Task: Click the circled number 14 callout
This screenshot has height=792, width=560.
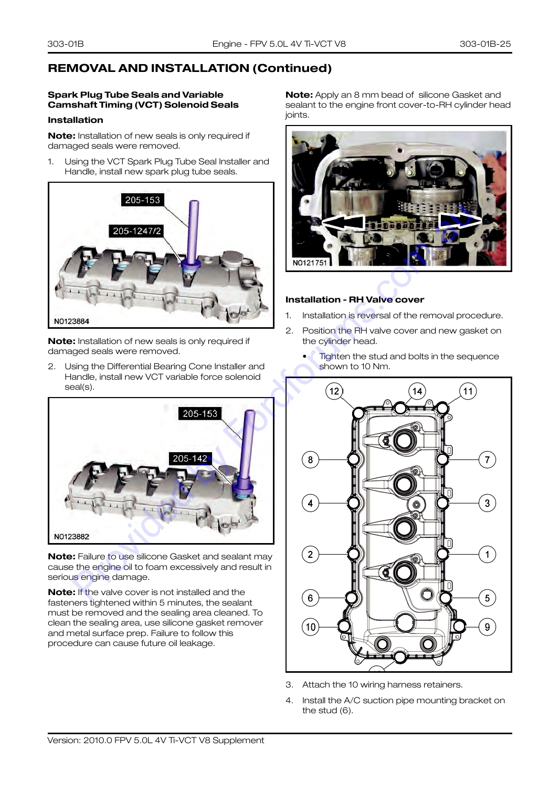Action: [x=417, y=391]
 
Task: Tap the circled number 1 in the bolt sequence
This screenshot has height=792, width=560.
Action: [x=487, y=554]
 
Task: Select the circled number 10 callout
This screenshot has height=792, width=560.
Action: [x=310, y=627]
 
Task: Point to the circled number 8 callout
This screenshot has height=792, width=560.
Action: [x=310, y=460]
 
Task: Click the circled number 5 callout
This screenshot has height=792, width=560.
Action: [x=487, y=598]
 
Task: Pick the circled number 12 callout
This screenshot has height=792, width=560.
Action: [x=334, y=391]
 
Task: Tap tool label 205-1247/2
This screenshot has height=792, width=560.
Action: [x=137, y=231]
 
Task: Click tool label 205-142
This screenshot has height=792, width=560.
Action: [x=190, y=458]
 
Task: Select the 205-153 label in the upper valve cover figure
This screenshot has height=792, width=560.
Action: [x=142, y=200]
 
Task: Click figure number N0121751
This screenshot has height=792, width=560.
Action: [x=310, y=263]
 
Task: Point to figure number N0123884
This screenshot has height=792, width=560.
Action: [x=71, y=321]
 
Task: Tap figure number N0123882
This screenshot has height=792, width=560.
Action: [x=71, y=537]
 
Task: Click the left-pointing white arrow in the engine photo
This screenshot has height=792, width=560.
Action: [x=343, y=223]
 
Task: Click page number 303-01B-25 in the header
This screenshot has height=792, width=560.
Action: [x=485, y=44]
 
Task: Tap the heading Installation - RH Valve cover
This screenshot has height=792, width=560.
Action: [x=355, y=299]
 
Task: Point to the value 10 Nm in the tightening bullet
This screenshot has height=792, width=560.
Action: [x=375, y=366]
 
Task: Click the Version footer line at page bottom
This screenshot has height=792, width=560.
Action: [x=156, y=740]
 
